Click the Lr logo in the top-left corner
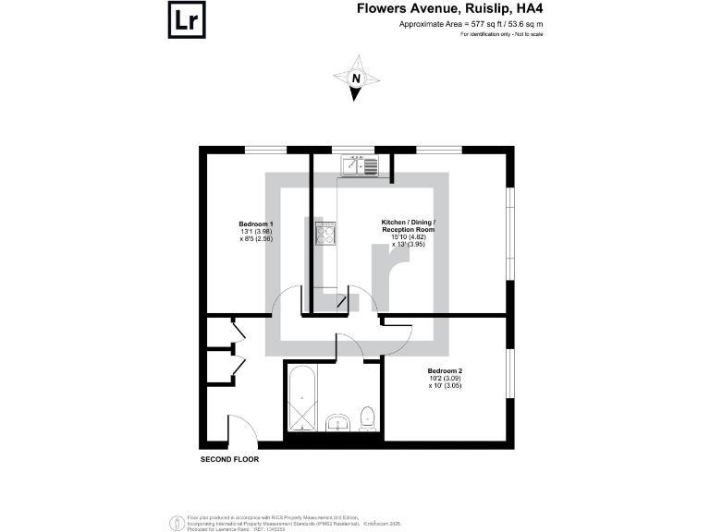(186, 20)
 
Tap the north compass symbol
(356, 79)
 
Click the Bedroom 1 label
(256, 224)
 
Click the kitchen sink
(361, 166)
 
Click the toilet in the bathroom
(366, 417)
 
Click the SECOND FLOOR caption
(229, 459)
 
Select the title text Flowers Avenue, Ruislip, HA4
(436, 10)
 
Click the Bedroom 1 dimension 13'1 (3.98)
(256, 232)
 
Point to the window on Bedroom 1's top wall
(264, 149)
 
